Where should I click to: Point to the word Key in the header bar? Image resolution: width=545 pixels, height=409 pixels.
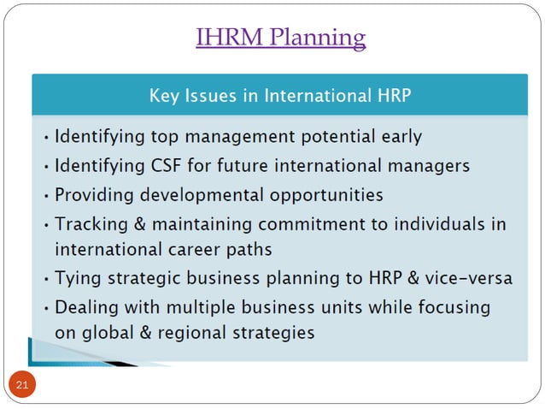(164, 95)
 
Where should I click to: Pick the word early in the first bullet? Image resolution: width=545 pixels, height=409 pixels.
(401, 135)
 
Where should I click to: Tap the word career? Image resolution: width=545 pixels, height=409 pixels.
(198, 251)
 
